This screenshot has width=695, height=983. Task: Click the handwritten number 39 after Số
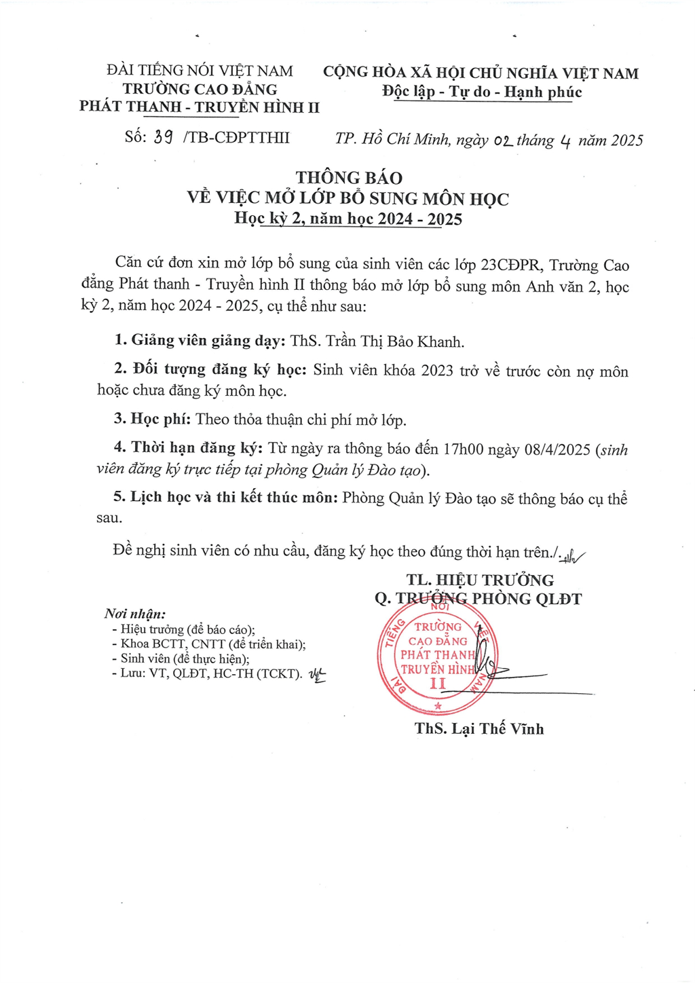tap(163, 137)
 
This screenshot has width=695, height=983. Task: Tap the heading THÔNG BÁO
tap(349, 178)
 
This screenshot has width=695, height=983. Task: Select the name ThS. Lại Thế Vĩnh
tap(479, 729)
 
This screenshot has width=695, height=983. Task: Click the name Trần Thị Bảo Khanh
tap(395, 341)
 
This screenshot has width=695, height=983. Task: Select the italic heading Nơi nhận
tap(135, 614)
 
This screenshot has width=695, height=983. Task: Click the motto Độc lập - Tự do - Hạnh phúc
tap(482, 92)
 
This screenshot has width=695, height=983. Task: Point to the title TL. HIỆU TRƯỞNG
tap(480, 580)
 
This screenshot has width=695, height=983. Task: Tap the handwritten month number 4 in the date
tap(565, 141)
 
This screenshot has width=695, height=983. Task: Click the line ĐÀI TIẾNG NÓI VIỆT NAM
tap(200, 71)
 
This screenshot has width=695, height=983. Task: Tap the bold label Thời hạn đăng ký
tap(197, 448)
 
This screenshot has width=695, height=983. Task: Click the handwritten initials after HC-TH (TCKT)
tap(317, 674)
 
